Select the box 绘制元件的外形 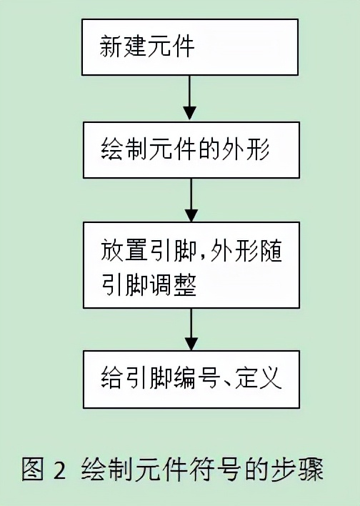pyautogui.click(x=189, y=150)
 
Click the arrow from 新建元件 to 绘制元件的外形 pyautogui.click(x=189, y=99)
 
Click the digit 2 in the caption pyautogui.click(x=59, y=471)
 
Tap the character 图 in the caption pyautogui.click(x=34, y=470)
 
